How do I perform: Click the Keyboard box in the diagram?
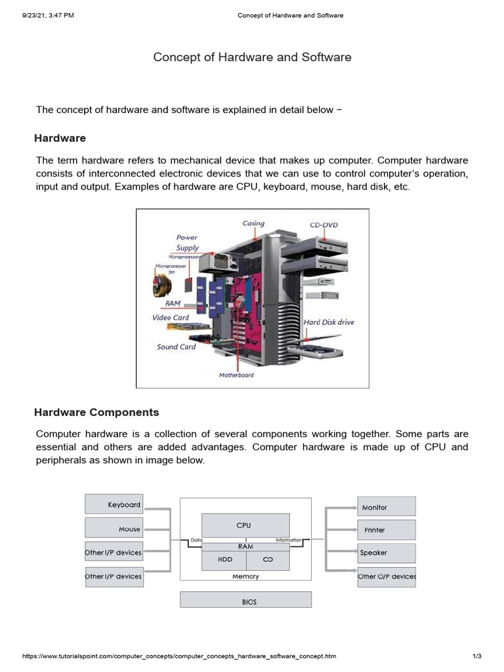coord(114,504)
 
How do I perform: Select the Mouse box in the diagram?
coord(114,529)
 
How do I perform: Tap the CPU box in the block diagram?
coord(243,525)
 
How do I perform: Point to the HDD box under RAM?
coord(224,560)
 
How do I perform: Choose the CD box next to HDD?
coord(267,560)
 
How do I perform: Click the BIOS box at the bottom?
coord(245,600)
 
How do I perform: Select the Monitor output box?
coord(387,507)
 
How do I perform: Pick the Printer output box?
coord(387,530)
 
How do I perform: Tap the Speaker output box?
coord(387,553)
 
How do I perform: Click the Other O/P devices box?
coord(387,576)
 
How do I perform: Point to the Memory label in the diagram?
coord(245,576)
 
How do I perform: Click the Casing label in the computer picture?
coord(253,223)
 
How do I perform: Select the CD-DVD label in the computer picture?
coord(324,225)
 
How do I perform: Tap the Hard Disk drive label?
coord(329,322)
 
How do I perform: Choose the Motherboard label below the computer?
coord(236,375)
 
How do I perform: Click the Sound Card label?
coord(176,346)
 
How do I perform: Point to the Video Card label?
coord(171,318)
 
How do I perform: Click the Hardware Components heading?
coord(96,413)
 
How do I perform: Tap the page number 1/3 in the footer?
coord(477,656)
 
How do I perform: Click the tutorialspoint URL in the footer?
coord(179,656)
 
